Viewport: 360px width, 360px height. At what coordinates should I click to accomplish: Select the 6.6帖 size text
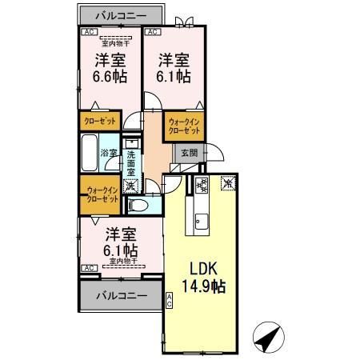click(x=110, y=77)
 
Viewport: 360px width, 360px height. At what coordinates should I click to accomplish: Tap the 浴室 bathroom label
click(x=108, y=151)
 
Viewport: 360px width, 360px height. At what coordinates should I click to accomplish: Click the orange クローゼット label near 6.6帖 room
click(x=100, y=121)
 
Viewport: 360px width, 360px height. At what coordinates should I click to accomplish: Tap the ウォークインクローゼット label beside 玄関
click(x=186, y=125)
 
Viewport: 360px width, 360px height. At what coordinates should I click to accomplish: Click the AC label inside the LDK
click(x=170, y=300)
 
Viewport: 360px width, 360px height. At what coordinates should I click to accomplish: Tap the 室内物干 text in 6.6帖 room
click(x=111, y=45)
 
